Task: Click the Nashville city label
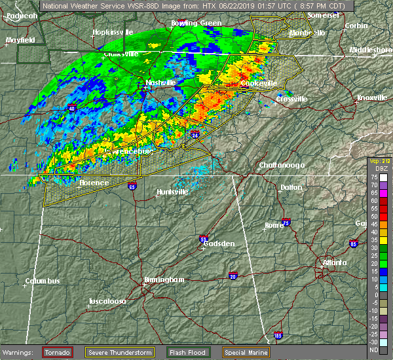(161, 82)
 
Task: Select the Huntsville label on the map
(173, 192)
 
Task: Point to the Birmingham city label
(164, 279)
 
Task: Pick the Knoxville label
(371, 98)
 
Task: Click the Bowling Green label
(196, 23)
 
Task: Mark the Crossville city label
(291, 99)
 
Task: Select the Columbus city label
(43, 281)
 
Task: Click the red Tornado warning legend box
(58, 352)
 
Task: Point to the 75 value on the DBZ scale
(374, 177)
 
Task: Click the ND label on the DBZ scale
(374, 350)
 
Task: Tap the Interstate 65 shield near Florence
(133, 185)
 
